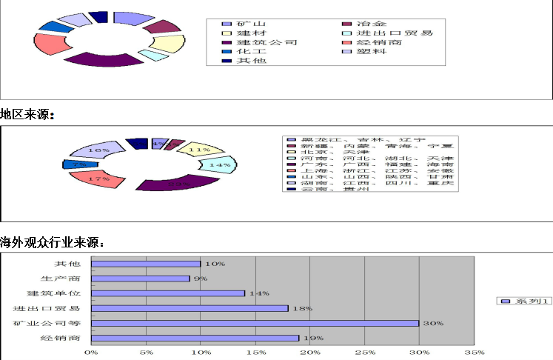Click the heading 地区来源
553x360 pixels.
(x=27, y=115)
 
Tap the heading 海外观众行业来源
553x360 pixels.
(x=52, y=242)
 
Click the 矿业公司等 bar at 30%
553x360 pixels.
(x=255, y=323)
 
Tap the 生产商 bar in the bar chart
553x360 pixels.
(x=141, y=279)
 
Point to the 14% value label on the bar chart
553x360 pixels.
(x=259, y=293)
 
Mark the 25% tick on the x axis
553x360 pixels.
(x=365, y=353)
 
